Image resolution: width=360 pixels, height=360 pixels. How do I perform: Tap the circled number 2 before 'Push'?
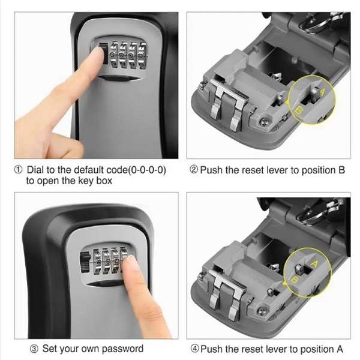pos(193,170)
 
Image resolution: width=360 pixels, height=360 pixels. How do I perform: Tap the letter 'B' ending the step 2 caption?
pos(341,170)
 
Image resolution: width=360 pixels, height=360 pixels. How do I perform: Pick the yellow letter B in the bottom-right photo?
pos(293,280)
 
